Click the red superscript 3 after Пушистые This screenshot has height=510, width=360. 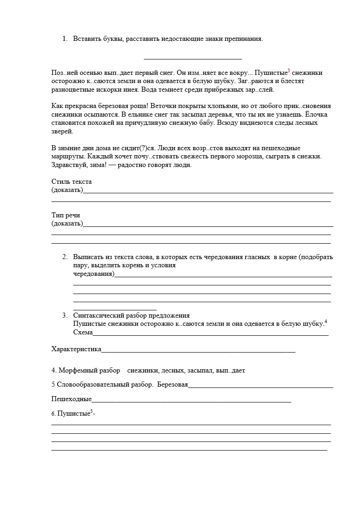pos(289,71)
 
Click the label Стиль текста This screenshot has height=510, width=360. pos(72,181)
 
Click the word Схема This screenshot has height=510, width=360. pos(83,332)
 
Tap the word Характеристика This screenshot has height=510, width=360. pos(76,349)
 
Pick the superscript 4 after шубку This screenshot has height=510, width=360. pos(326,322)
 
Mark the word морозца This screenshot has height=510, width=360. pos(257,157)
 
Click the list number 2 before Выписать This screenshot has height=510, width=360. pos(64,257)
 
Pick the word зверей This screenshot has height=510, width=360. pos(62,131)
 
